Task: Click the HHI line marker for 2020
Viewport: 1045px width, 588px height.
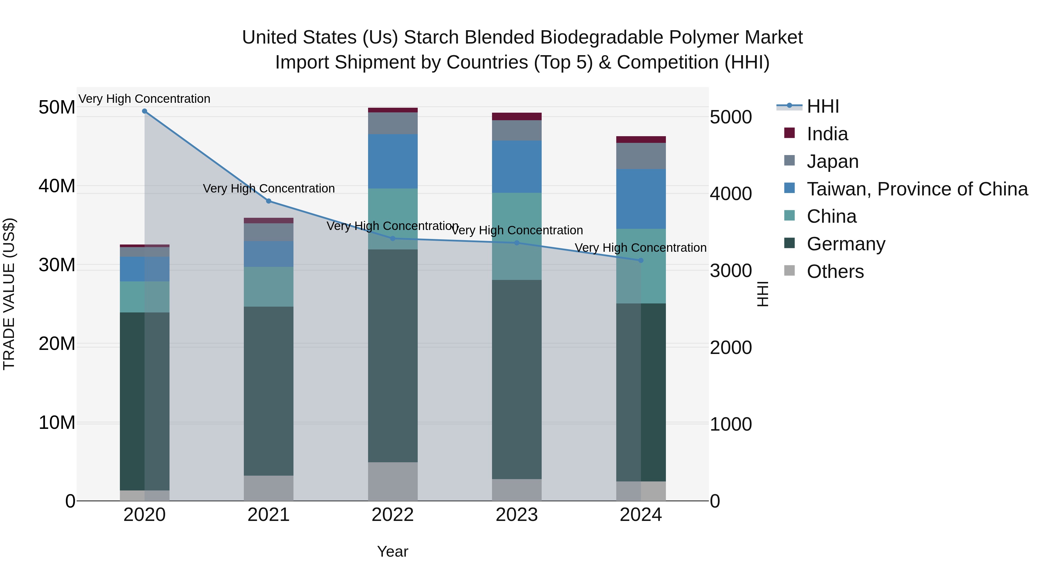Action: click(145, 111)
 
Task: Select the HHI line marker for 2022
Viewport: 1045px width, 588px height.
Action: click(393, 239)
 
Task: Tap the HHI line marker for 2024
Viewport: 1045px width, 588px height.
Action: click(641, 260)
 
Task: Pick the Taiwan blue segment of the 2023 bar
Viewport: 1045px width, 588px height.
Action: click(516, 167)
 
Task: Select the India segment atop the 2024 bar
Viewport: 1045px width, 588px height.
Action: click(641, 140)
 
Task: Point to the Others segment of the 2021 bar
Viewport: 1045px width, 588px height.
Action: click(269, 488)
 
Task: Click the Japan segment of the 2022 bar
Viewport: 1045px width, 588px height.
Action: click(393, 123)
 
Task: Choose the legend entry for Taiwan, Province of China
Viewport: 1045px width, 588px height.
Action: click(917, 189)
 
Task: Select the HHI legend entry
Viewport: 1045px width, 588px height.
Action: click(822, 106)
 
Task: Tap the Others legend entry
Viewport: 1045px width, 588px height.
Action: click(835, 271)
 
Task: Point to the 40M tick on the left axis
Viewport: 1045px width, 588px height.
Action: click(57, 186)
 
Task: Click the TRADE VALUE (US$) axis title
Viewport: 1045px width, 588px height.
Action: click(9, 294)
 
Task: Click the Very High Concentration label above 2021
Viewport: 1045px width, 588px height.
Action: click(269, 189)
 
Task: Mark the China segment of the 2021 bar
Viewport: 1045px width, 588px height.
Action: click(269, 287)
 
